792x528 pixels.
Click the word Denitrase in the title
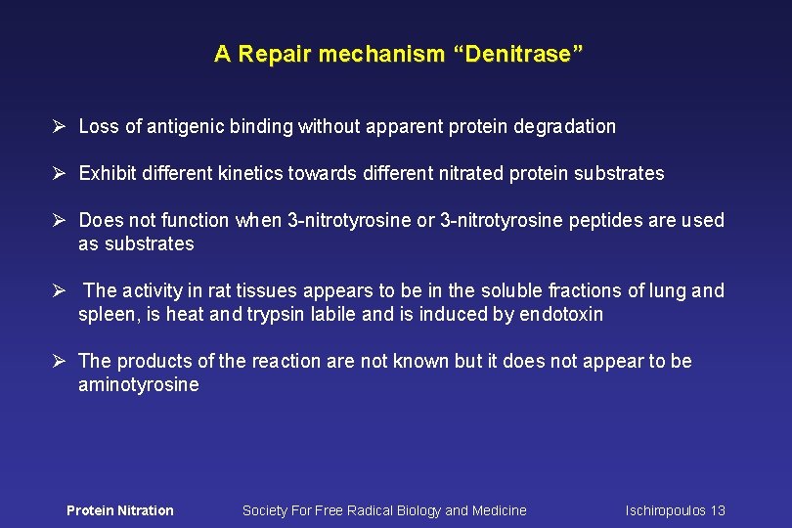coord(518,55)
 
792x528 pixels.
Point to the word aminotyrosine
coord(138,385)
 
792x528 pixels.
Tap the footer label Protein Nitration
coord(119,510)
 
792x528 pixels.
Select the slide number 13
coord(718,510)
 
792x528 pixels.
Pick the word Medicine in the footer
coord(500,510)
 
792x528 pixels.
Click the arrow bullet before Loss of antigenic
coord(59,126)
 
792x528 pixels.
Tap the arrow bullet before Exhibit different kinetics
coord(59,174)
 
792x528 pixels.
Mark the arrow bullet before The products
coord(59,362)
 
